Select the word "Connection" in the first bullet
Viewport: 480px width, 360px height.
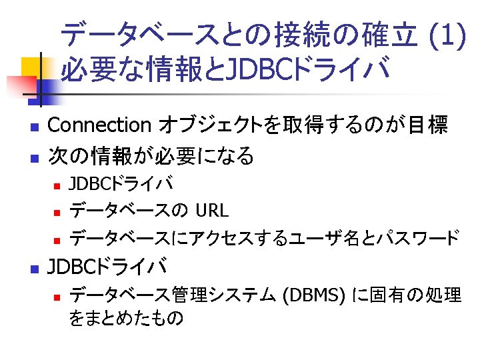[91, 125]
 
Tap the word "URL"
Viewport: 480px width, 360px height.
[212, 211]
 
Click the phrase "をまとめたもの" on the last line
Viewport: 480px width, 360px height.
[125, 318]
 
